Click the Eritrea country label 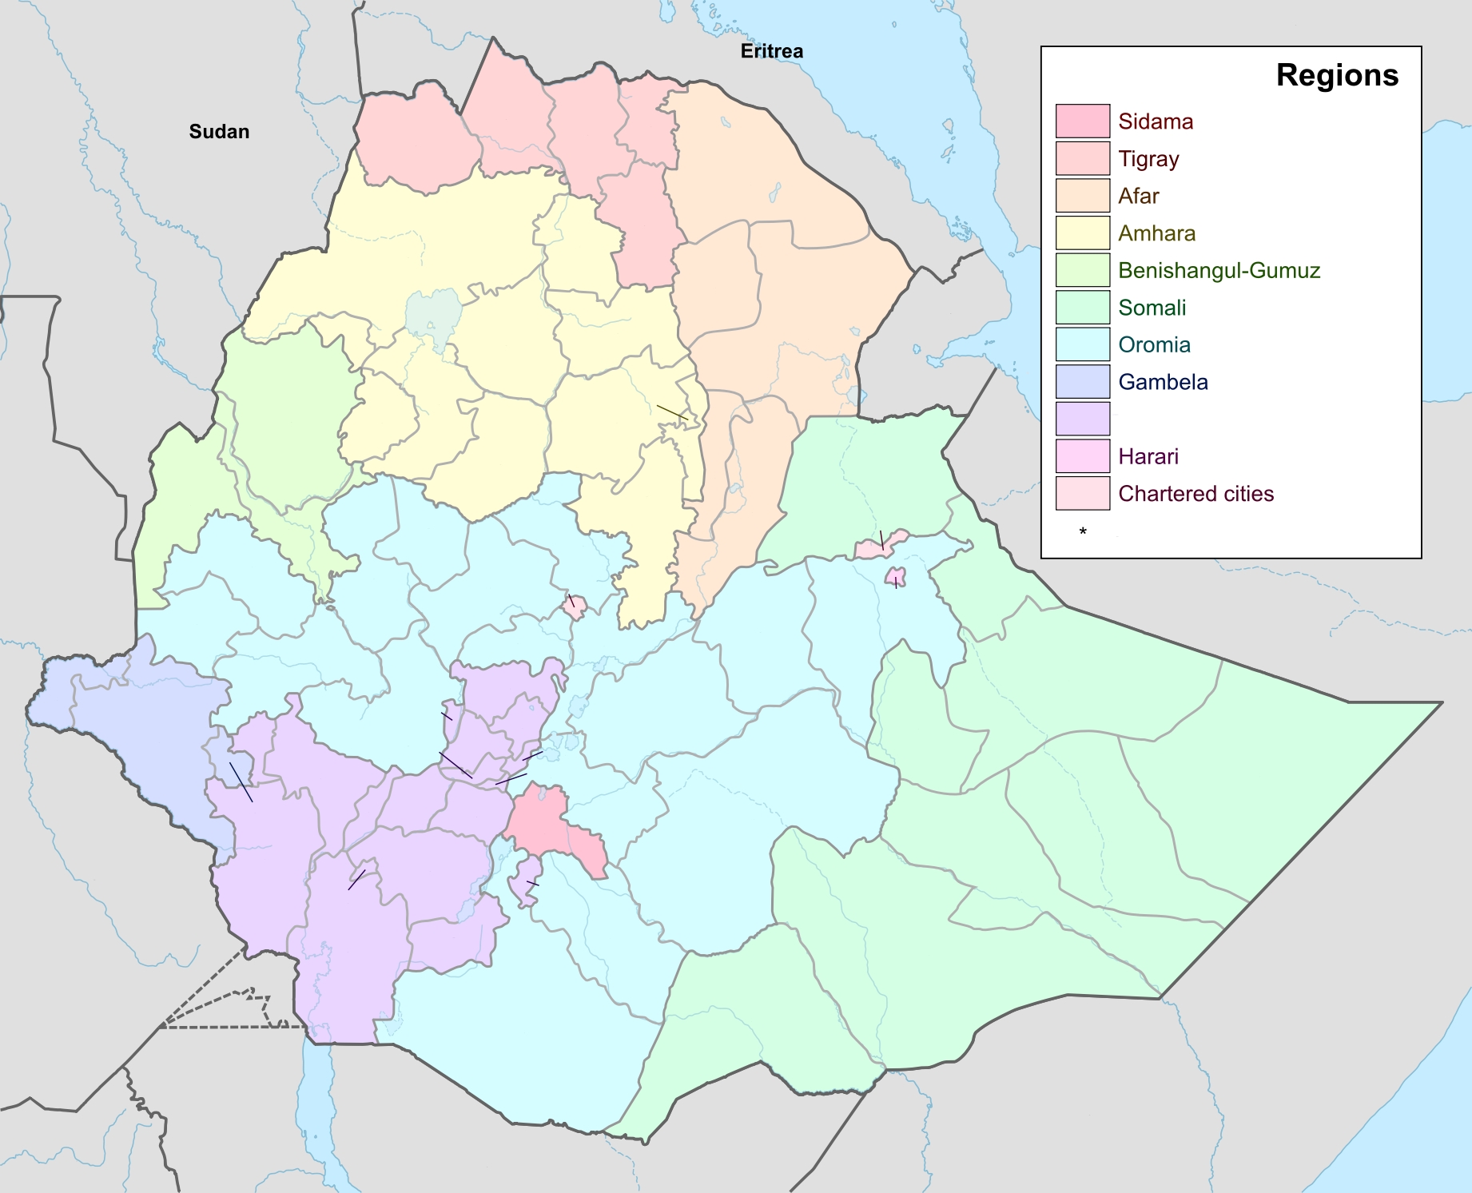[771, 51]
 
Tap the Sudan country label [219, 132]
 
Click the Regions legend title [1336, 75]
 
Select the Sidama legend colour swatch [1082, 121]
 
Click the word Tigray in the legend [1148, 159]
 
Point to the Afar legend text [1138, 196]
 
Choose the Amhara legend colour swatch [1082, 233]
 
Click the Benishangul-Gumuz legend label [1219, 271]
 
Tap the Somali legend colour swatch [1082, 308]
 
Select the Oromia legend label [1154, 345]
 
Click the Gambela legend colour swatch [1082, 382]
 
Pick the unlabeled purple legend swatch [1082, 419]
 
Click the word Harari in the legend [1148, 456]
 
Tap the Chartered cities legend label [1196, 494]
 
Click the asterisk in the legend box [1083, 531]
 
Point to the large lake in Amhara [433, 316]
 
